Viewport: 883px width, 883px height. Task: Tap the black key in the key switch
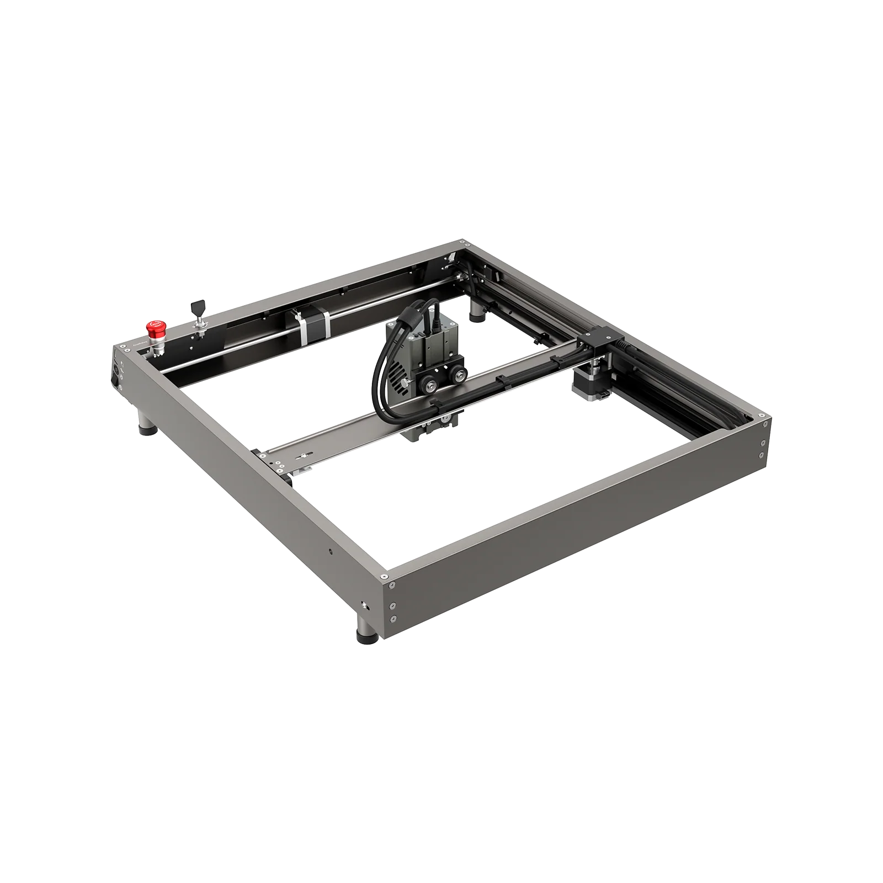(196, 307)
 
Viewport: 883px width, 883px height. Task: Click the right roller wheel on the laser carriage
(457, 377)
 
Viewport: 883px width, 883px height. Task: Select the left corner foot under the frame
(147, 424)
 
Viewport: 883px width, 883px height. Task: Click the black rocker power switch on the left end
(116, 380)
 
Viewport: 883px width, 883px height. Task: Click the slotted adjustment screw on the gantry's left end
(302, 457)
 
